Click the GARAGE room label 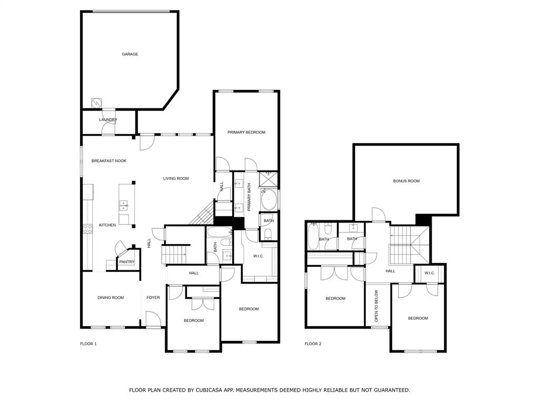pos(130,54)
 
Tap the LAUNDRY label pos(108,120)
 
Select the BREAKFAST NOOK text pos(108,161)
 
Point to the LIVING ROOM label pos(175,179)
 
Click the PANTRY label pos(126,262)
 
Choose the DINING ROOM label pos(111,298)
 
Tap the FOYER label pos(153,298)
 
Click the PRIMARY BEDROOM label pos(246,133)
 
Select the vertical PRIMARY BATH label pos(249,196)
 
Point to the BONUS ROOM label pos(406,181)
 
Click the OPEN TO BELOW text pos(376,306)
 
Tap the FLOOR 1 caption pos(88,344)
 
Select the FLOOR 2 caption pos(313,344)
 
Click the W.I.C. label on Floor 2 pos(430,273)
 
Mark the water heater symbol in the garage pos(96,103)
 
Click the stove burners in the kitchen pos(87,229)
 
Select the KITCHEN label pos(107,226)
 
